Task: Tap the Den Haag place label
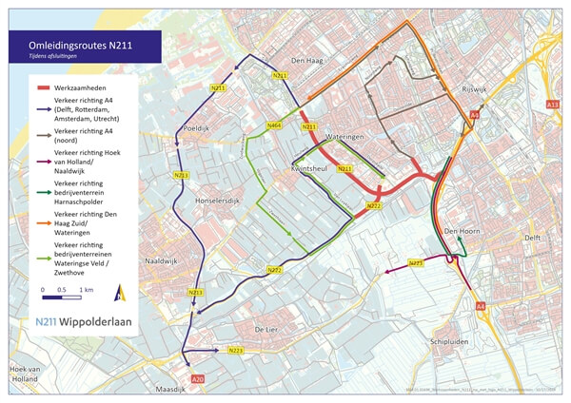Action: pos(310,60)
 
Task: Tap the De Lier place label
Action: pos(265,328)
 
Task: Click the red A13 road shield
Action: pos(552,104)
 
